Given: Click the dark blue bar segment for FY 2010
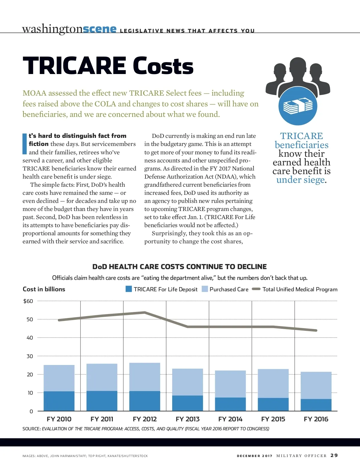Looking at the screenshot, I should click(x=59, y=401).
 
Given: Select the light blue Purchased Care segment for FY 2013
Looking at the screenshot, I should click(x=187, y=382).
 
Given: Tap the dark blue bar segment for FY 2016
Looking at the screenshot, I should click(x=316, y=405).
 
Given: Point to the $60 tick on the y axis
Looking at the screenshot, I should click(x=28, y=301).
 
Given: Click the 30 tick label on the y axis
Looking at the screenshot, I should click(x=30, y=356).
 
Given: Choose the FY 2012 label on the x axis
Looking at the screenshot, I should click(x=145, y=419).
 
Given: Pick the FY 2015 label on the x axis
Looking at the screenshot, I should click(x=273, y=419).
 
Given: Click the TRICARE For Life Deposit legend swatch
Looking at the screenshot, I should click(x=129, y=289).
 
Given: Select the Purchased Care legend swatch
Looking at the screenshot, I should click(x=205, y=289).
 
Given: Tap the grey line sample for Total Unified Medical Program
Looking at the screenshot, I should click(x=256, y=289).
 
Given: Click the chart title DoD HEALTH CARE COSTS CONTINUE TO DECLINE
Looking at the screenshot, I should click(x=179, y=267).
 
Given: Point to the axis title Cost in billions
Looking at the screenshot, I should click(x=44, y=289).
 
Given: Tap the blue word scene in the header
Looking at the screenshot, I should click(x=99, y=29).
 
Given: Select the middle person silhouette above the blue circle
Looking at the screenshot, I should click(x=298, y=72).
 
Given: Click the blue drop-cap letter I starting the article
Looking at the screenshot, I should click(x=25, y=144).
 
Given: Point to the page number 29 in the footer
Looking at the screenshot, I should click(x=334, y=456).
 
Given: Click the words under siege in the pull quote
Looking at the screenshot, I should click(x=301, y=180).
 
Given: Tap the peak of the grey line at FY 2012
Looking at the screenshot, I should click(x=145, y=312).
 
